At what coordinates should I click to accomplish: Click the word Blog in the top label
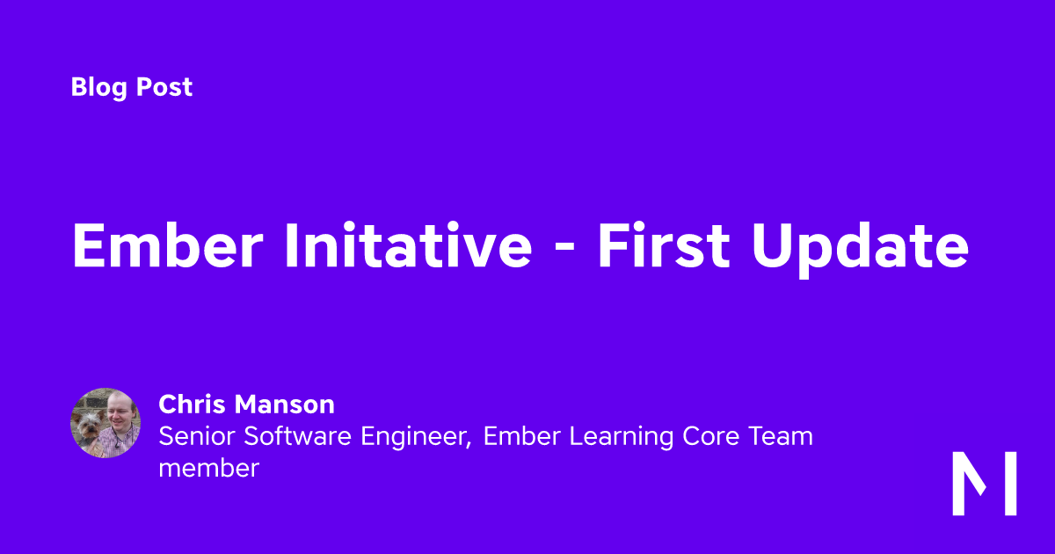coord(99,88)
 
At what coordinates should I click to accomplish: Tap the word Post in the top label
coord(164,87)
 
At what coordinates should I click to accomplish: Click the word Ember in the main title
coord(168,245)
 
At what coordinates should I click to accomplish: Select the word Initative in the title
coord(409,245)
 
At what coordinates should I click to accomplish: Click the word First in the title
coord(664,245)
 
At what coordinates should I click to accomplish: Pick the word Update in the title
coord(861,249)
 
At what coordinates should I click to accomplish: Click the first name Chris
coord(193,404)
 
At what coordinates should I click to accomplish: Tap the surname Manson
coord(285,404)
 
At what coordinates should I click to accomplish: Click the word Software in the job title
coord(298,436)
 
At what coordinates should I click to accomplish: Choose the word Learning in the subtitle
coord(622,438)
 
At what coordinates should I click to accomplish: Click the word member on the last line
coord(208,468)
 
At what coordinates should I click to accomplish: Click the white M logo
coord(985,484)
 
